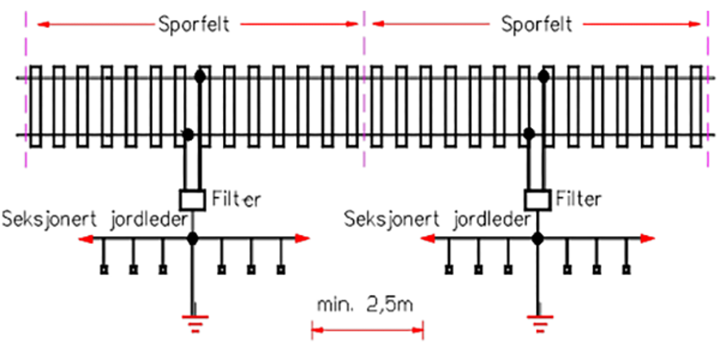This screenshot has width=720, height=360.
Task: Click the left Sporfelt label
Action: click(x=194, y=24)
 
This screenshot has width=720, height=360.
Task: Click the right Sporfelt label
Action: click(x=536, y=24)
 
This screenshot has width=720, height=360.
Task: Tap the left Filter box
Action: click(x=192, y=200)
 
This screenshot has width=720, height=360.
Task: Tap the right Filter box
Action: click(x=537, y=200)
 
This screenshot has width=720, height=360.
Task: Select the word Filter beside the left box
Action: click(x=236, y=199)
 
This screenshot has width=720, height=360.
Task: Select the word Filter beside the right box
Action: click(x=578, y=198)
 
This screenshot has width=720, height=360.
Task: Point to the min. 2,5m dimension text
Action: click(x=365, y=305)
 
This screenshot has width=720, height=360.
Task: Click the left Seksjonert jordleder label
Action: click(x=94, y=220)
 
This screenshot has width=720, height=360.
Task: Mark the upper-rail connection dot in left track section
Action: click(x=200, y=77)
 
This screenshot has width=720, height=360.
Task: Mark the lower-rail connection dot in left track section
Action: click(x=188, y=134)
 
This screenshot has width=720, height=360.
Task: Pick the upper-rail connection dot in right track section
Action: click(x=544, y=77)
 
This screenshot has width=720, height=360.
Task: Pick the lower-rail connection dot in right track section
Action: click(x=529, y=134)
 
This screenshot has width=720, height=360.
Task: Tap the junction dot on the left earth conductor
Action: click(x=193, y=238)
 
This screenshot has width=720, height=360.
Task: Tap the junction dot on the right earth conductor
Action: click(x=537, y=238)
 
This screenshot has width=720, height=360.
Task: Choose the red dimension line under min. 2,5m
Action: click(x=367, y=330)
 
